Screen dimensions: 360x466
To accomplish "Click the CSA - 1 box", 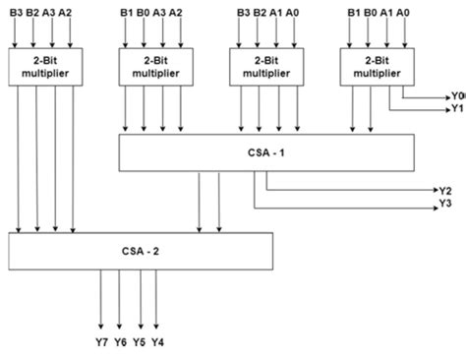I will pyautogui.click(x=266, y=151).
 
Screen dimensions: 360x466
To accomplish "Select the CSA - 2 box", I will pyautogui.click(x=142, y=250).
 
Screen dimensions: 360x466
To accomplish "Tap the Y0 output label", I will pyautogui.click(x=458, y=96).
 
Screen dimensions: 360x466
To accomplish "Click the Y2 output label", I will pyautogui.click(x=444, y=190).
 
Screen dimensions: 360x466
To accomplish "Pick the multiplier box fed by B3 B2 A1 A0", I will pyautogui.click(x=262, y=67).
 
